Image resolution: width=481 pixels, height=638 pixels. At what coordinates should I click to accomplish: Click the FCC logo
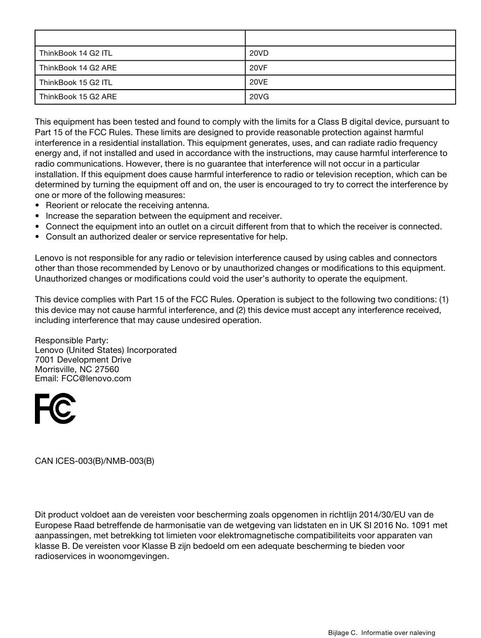(55, 409)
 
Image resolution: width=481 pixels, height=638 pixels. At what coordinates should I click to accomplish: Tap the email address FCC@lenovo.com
(96, 378)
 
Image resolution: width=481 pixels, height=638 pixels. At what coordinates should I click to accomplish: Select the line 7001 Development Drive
(83, 360)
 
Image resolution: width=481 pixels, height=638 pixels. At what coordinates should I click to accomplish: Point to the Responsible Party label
(71, 341)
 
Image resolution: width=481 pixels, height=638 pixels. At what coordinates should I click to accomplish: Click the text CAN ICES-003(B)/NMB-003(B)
(95, 461)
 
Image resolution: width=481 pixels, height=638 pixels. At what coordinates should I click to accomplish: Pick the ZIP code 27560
(107, 369)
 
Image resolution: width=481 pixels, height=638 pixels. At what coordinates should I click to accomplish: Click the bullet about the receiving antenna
(127, 205)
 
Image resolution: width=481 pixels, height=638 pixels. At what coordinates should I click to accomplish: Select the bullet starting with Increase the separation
(164, 216)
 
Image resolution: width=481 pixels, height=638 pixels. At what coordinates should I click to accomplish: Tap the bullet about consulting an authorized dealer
(167, 236)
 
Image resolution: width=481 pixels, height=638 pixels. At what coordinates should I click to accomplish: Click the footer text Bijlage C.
(343, 632)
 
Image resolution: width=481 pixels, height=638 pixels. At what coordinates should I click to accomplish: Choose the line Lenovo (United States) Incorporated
(106, 350)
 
